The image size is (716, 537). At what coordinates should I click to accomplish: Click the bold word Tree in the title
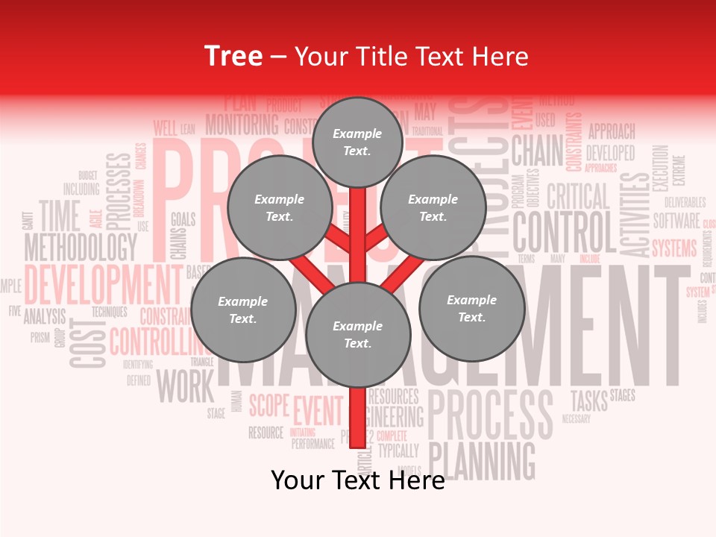tap(233, 56)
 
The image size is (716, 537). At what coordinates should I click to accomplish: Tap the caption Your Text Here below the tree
tap(357, 480)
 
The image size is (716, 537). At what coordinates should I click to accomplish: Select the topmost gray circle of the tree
tap(357, 142)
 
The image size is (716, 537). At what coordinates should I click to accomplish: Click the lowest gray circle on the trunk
tap(358, 334)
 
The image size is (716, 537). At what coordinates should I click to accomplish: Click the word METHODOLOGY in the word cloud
tap(81, 246)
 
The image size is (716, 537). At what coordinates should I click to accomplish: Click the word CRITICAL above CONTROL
tap(578, 196)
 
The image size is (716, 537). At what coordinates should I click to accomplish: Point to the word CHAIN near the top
tap(537, 151)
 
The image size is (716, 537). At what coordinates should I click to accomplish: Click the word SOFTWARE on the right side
tap(676, 221)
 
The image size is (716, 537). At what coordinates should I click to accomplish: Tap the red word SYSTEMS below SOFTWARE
tap(674, 248)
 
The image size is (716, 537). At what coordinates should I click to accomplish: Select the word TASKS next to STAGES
tap(588, 400)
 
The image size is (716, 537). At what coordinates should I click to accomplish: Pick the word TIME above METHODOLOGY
tap(59, 216)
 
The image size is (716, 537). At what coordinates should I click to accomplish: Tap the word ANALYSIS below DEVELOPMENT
tap(45, 316)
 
